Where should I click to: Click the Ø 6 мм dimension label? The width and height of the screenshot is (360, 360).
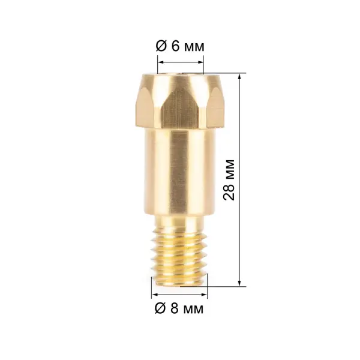(180, 47)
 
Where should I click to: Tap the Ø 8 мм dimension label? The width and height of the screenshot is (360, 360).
(179, 308)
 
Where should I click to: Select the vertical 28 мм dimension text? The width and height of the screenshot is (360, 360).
(229, 180)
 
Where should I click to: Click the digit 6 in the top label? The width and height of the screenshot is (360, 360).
(176, 47)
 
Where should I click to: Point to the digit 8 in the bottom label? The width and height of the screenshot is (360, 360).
(175, 308)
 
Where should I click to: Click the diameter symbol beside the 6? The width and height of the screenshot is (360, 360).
(161, 47)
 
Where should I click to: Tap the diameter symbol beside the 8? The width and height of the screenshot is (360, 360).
(160, 308)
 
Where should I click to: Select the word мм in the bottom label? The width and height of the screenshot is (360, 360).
(194, 310)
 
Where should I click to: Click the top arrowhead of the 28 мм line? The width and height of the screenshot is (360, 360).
(239, 76)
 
